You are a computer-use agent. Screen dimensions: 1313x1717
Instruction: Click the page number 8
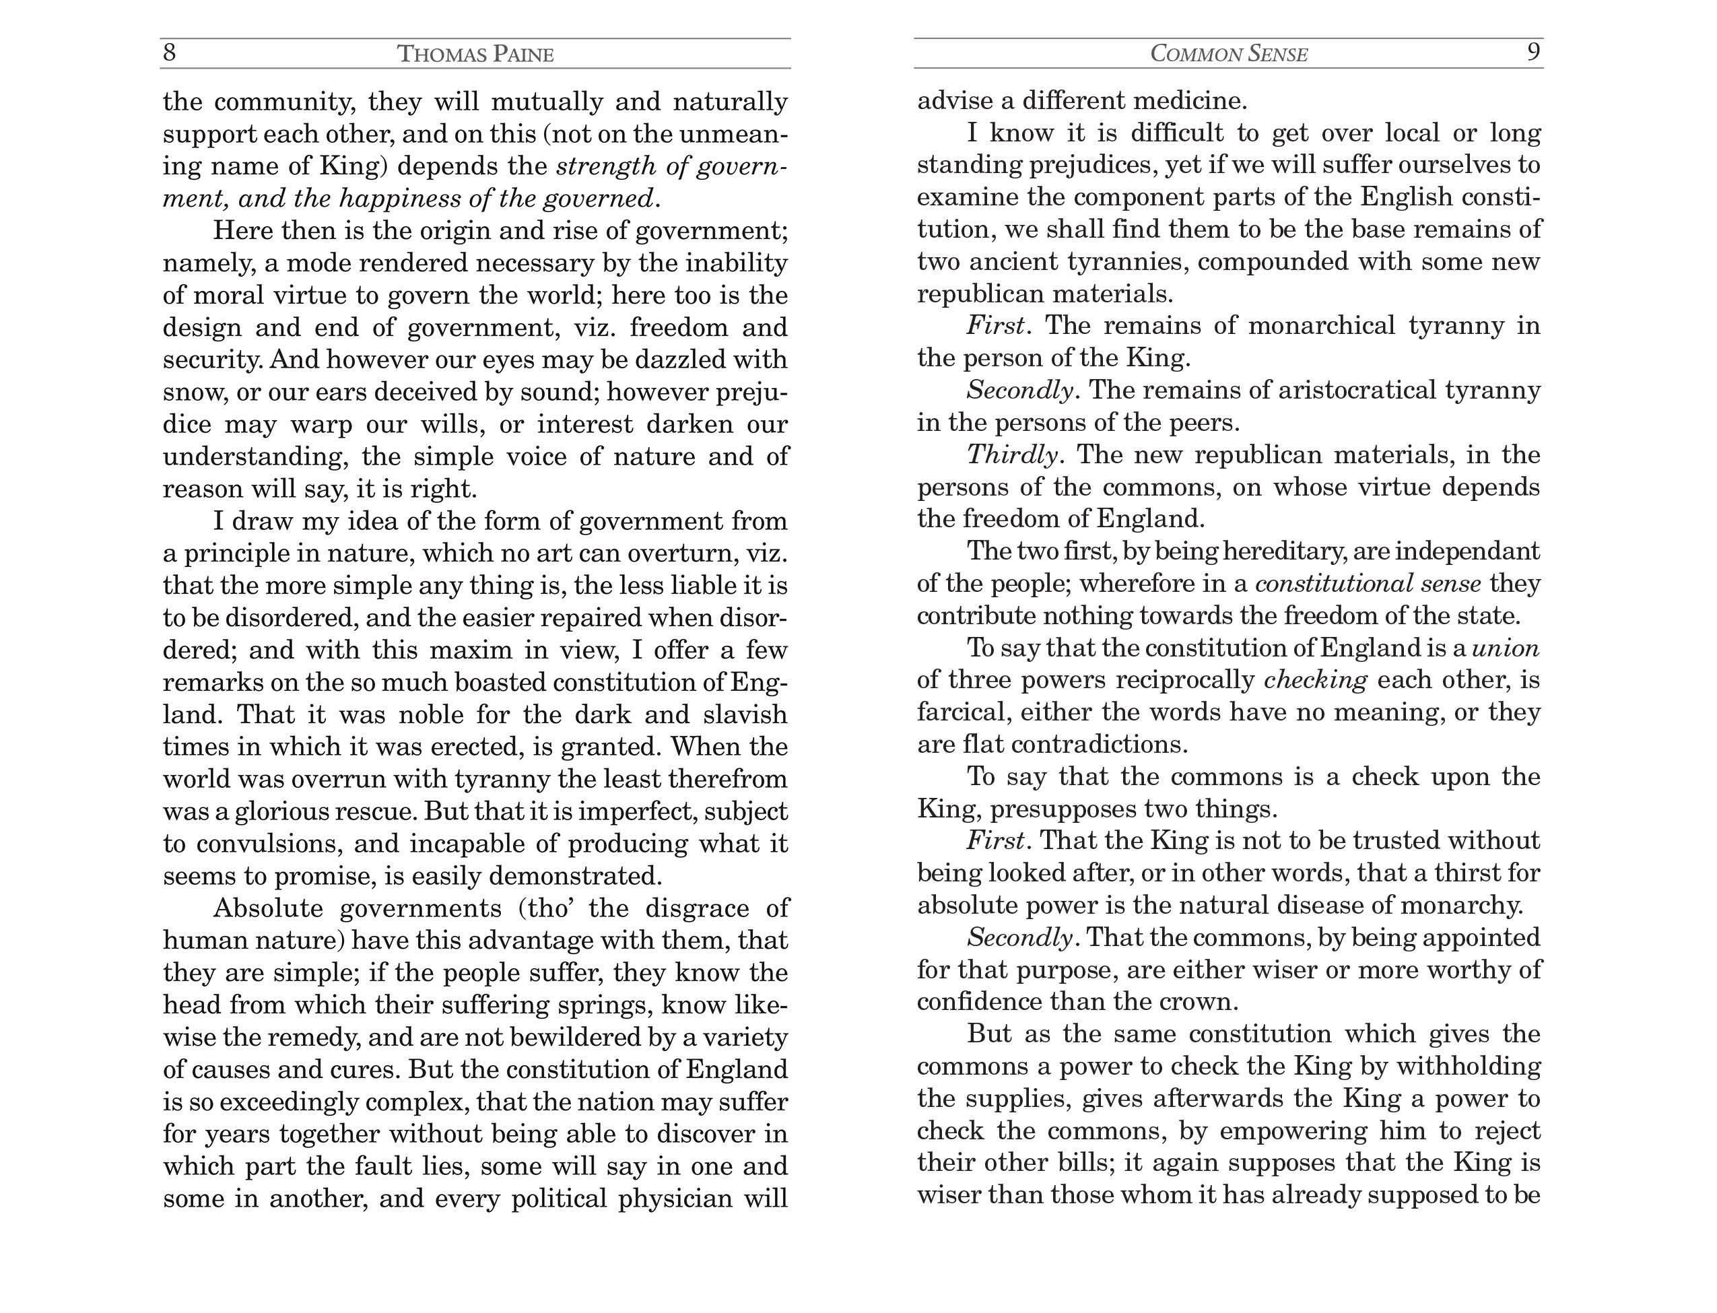coord(170,53)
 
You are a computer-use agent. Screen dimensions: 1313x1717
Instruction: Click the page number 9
coord(1533,53)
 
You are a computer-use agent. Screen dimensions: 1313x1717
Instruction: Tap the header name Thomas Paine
coord(475,54)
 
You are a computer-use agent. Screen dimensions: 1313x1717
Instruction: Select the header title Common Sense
coord(1229,54)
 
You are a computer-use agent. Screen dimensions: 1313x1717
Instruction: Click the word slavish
coord(745,714)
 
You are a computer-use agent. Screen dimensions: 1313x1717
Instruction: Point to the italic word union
coord(1505,648)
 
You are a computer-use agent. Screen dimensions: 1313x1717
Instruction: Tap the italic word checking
coord(1315,680)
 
